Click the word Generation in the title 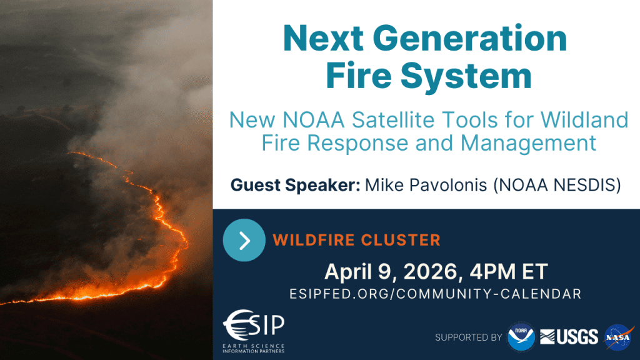[x=470, y=38]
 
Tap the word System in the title [x=466, y=76]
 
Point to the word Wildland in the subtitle [x=584, y=120]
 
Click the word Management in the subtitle [x=528, y=144]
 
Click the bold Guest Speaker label [x=295, y=185]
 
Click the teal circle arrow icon [x=244, y=240]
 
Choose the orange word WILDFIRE [x=314, y=240]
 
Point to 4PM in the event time [x=492, y=272]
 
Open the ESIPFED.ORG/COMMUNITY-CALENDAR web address [x=436, y=294]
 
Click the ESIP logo [x=254, y=331]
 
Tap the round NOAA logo [x=521, y=337]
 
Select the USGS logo [x=569, y=337]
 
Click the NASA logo [x=619, y=337]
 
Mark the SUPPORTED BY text [x=468, y=337]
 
